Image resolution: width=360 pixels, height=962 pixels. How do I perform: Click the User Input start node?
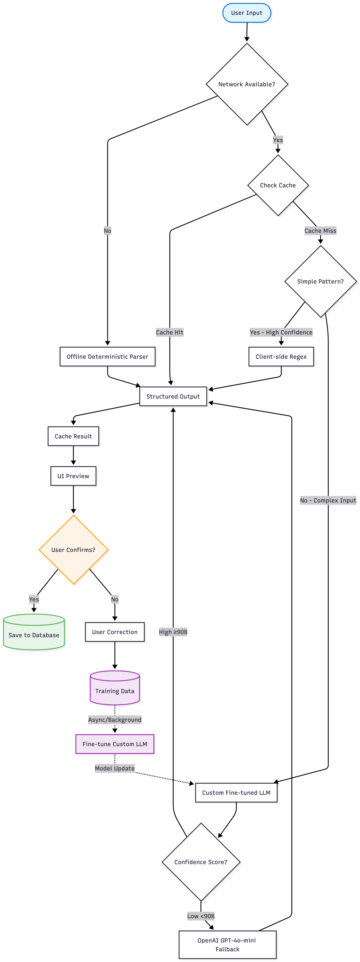click(x=246, y=13)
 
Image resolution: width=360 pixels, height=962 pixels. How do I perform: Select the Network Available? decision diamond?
click(x=246, y=84)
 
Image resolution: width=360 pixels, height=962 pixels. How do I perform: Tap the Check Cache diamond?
click(x=278, y=185)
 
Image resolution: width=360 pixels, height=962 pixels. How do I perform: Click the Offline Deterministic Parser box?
click(x=107, y=357)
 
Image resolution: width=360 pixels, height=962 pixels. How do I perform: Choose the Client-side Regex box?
click(x=281, y=357)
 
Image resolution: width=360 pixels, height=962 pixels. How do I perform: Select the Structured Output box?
click(x=173, y=396)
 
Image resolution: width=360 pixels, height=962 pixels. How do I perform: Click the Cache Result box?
click(x=73, y=436)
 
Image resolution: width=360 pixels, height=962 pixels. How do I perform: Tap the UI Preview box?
click(x=73, y=476)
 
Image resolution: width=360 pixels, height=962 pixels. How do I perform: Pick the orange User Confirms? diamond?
click(x=73, y=550)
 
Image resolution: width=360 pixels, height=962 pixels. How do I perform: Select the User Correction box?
click(x=115, y=632)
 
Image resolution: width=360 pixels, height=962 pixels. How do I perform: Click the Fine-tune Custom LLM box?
click(x=115, y=744)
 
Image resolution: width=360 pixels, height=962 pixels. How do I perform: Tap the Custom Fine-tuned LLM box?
click(x=236, y=792)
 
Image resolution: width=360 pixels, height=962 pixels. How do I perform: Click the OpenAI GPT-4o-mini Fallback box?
click(x=227, y=944)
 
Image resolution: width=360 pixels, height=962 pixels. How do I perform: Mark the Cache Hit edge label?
click(x=170, y=332)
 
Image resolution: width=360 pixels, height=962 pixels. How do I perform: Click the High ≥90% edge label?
click(x=173, y=632)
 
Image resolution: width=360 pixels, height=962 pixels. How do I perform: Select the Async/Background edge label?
click(x=115, y=720)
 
